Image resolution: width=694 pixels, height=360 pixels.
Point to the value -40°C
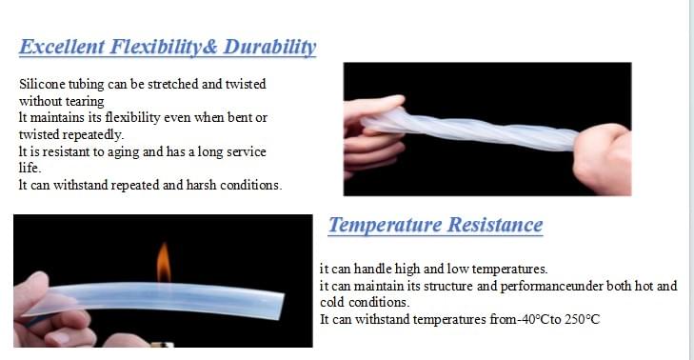click(525, 319)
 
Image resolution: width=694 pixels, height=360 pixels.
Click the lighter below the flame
click(168, 341)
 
